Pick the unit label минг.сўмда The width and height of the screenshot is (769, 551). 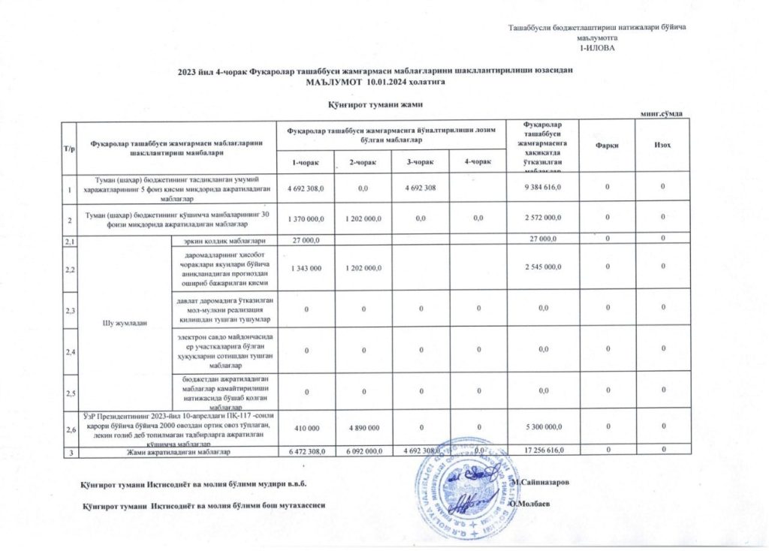point(661,113)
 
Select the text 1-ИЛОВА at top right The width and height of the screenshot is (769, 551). point(598,47)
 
